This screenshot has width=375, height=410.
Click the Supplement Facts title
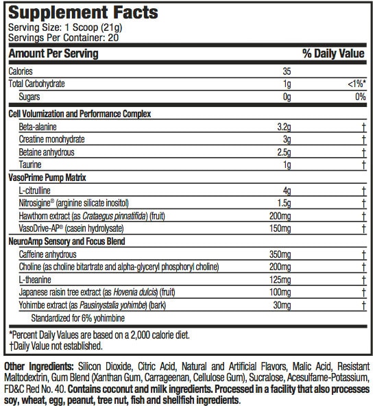click(x=82, y=12)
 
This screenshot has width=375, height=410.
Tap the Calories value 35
click(x=287, y=71)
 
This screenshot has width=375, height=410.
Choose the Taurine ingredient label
click(x=31, y=165)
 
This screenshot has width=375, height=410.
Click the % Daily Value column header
click(x=334, y=53)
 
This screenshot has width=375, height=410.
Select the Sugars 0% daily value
click(x=359, y=97)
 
